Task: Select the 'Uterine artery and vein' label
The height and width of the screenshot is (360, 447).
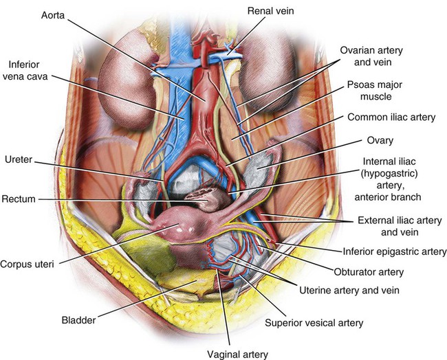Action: pos(343,289)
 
